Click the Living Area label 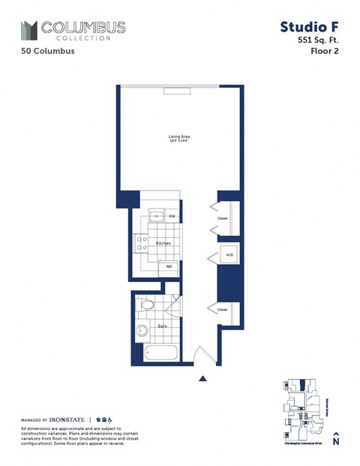point(178,137)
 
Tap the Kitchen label point(163,244)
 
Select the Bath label point(162,326)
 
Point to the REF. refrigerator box point(169,266)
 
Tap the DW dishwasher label point(172,217)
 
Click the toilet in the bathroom point(146,305)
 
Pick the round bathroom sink point(141,331)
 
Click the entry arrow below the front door point(202,380)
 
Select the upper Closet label point(223,218)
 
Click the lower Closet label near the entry point(223,309)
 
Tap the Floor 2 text point(325,52)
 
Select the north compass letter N point(335,442)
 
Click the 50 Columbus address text point(48,52)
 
